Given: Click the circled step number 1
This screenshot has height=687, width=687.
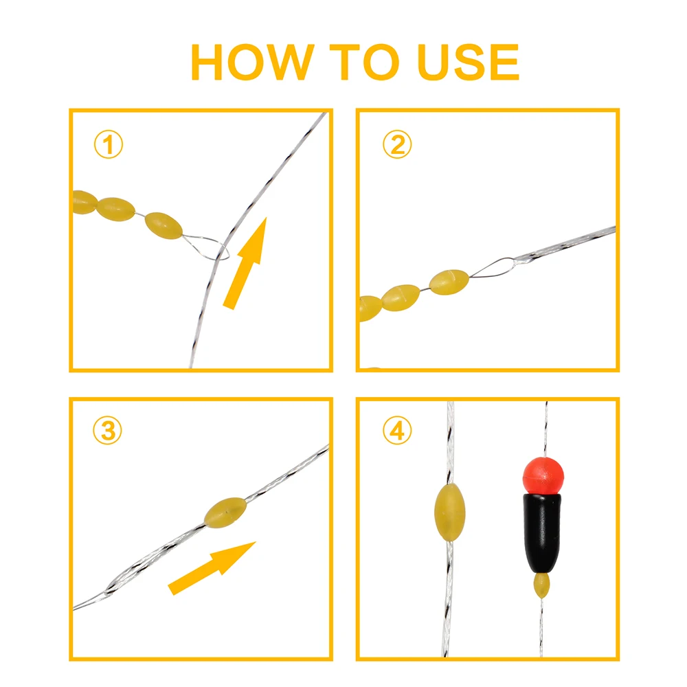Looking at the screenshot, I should click(x=108, y=146).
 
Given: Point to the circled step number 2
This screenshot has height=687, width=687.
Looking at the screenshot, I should click(x=397, y=145).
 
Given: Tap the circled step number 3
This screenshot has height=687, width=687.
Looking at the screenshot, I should click(x=108, y=431).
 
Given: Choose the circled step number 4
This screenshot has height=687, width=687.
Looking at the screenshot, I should click(x=397, y=431).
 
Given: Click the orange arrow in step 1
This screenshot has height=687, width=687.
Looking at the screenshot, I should click(x=246, y=264).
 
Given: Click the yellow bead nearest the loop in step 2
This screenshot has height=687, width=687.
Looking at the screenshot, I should click(x=449, y=280).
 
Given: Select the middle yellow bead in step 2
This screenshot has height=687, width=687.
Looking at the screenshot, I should click(x=401, y=297).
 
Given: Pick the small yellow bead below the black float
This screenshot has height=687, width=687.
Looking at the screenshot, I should click(x=543, y=586).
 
